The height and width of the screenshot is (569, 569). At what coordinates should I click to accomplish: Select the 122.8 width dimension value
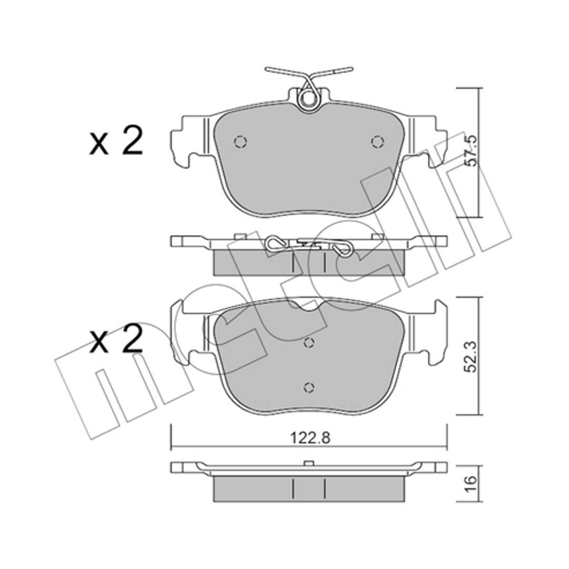point(310,439)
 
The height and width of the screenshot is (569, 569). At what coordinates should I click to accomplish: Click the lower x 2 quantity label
point(116,339)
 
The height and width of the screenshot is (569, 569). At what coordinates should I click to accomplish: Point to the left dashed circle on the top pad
point(240,141)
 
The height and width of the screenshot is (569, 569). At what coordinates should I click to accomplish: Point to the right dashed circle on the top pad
point(377,141)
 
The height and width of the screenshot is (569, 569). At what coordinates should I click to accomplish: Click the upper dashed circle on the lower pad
point(308,342)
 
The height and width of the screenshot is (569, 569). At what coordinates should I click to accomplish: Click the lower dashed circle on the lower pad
point(308,387)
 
